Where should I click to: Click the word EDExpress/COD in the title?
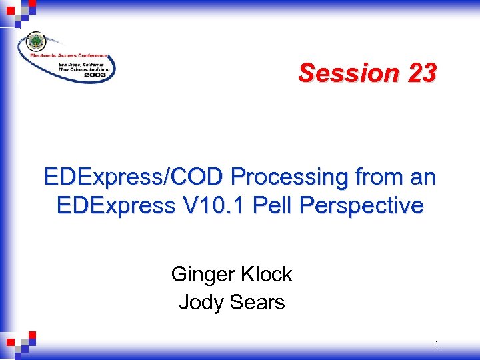(x=133, y=177)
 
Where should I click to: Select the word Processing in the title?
(x=289, y=177)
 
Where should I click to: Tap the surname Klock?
(x=267, y=274)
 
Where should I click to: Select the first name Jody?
(x=200, y=302)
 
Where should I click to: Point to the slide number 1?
(x=436, y=345)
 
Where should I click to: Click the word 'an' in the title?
(x=423, y=177)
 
